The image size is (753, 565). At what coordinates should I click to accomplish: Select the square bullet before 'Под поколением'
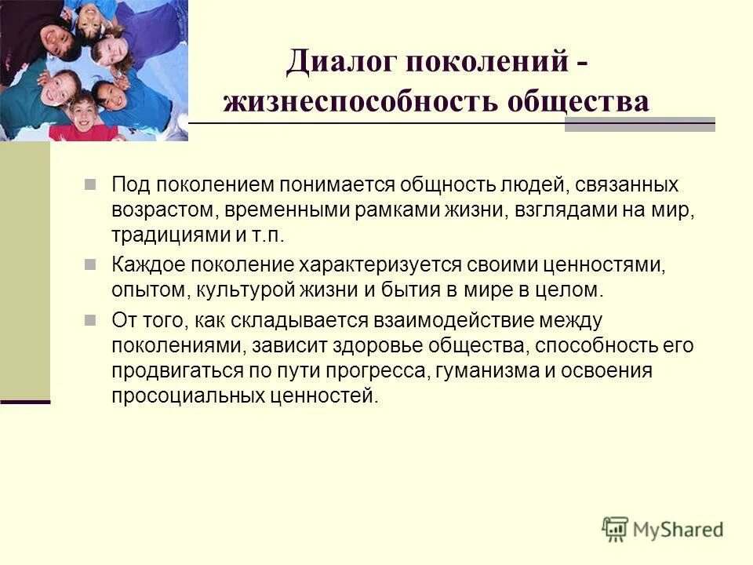tap(90, 184)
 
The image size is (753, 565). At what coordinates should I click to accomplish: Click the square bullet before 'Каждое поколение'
tap(90, 264)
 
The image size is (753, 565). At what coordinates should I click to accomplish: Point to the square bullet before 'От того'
tap(90, 319)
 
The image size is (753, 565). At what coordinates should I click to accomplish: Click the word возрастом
tap(156, 212)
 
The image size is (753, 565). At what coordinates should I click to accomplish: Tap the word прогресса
tap(381, 370)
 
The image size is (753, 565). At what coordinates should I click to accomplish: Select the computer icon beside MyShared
tap(617, 528)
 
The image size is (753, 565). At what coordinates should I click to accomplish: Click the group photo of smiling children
tap(94, 70)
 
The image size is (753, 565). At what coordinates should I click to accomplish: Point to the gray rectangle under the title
tap(640, 125)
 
